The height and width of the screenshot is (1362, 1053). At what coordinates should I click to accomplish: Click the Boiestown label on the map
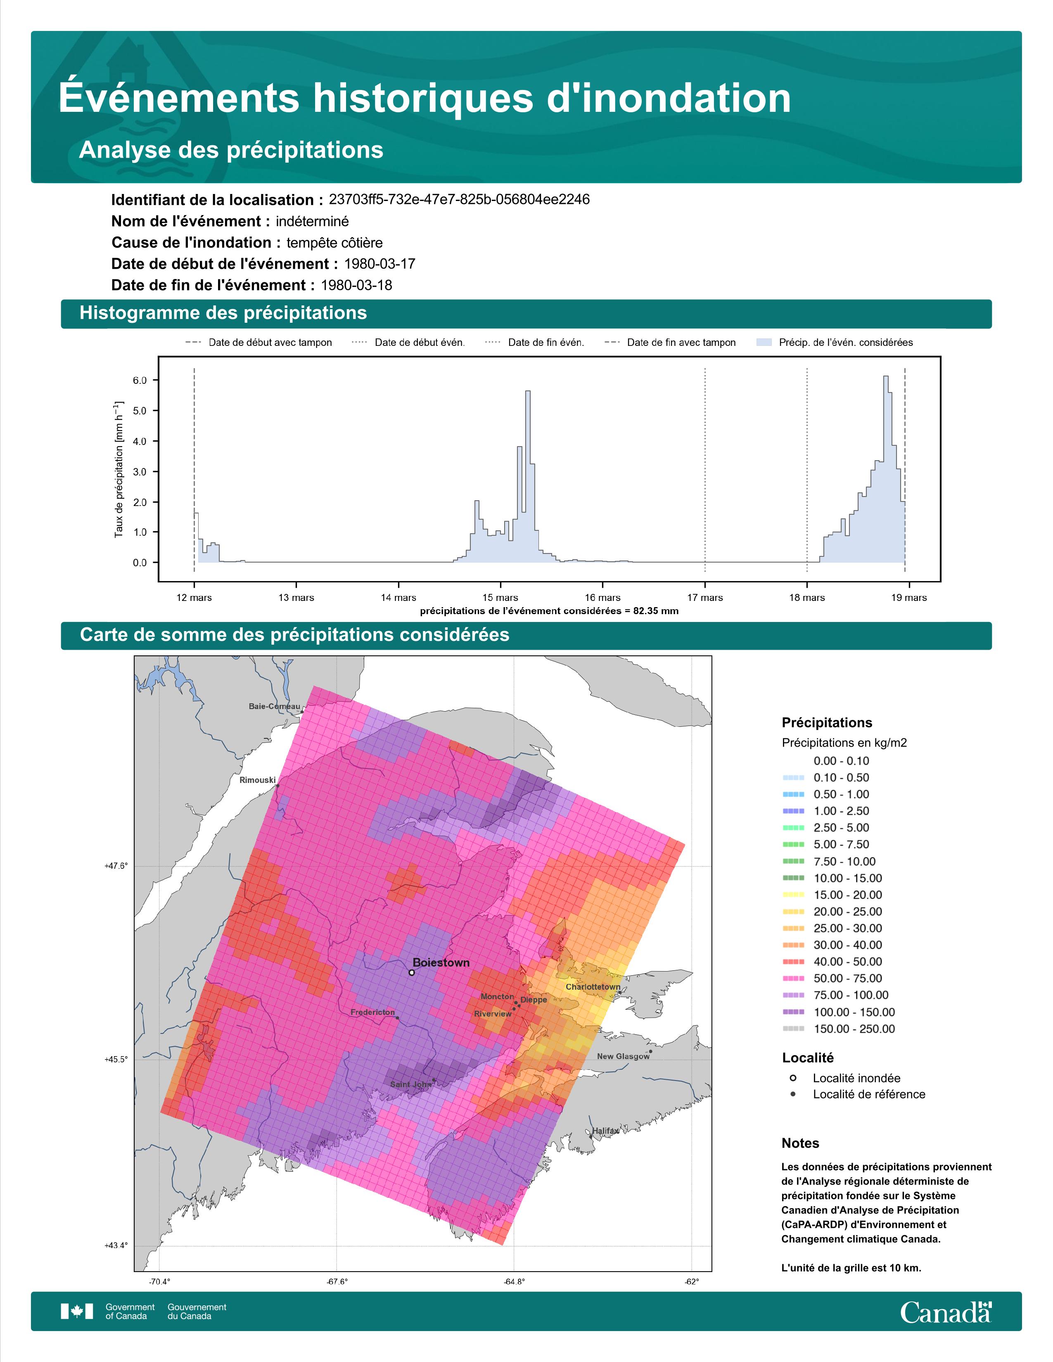(x=441, y=962)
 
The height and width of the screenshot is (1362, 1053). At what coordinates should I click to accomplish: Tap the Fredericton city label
(x=372, y=1012)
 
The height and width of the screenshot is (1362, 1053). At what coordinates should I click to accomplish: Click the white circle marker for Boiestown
(x=412, y=972)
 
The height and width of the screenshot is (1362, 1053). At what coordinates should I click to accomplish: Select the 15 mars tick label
(x=500, y=598)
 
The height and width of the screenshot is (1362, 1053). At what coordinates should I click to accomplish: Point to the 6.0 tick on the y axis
(x=140, y=381)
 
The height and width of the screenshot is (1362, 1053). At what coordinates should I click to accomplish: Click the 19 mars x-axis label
(x=909, y=598)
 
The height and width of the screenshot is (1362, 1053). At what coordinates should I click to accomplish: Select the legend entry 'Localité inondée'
(x=856, y=1078)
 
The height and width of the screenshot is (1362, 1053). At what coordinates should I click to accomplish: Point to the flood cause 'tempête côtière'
(x=335, y=243)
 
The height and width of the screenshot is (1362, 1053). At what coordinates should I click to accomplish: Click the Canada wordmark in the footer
(x=946, y=1312)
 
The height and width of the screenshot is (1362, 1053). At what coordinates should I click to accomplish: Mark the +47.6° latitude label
(x=116, y=865)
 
